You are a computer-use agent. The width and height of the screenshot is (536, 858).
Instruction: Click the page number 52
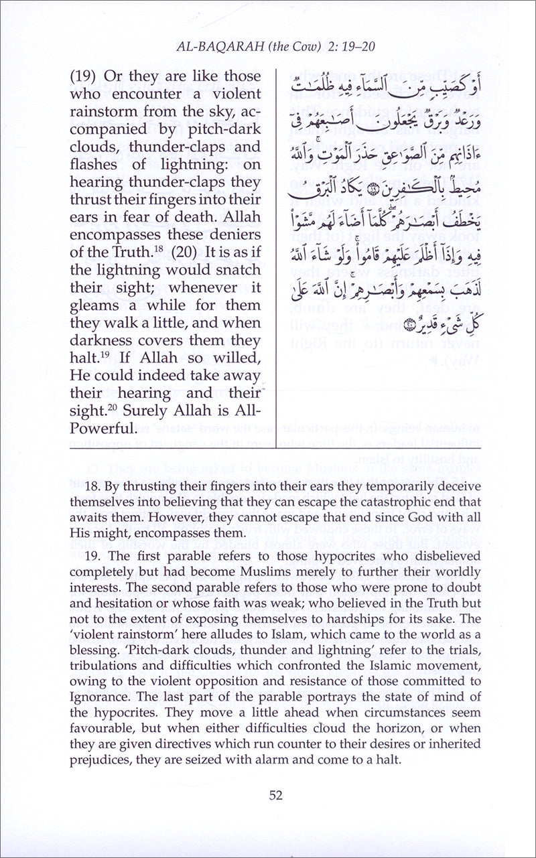pos(275,795)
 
